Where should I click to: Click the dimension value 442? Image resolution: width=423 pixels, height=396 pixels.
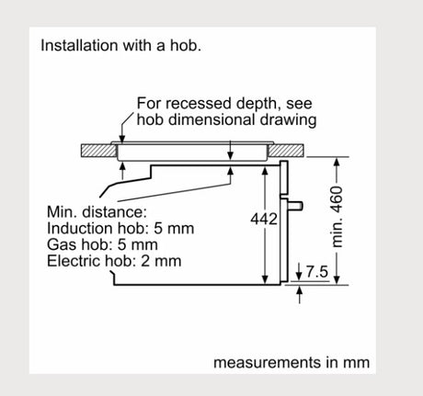tap(264, 219)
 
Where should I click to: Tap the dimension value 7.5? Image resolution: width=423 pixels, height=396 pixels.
tap(317, 272)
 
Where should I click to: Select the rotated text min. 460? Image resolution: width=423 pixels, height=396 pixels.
tap(337, 217)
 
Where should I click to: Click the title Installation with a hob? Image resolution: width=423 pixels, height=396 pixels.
tap(120, 45)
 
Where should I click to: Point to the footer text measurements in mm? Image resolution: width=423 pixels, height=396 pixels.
tap(292, 362)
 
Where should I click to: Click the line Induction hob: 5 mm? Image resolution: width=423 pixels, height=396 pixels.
tap(120, 228)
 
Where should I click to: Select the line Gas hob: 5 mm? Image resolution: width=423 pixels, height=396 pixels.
tap(102, 244)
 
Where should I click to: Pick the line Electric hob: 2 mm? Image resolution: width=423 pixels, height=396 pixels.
tap(114, 261)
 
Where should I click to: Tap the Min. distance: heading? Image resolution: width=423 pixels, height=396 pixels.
tap(97, 212)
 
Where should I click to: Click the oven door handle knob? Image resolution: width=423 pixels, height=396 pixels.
tap(296, 205)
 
